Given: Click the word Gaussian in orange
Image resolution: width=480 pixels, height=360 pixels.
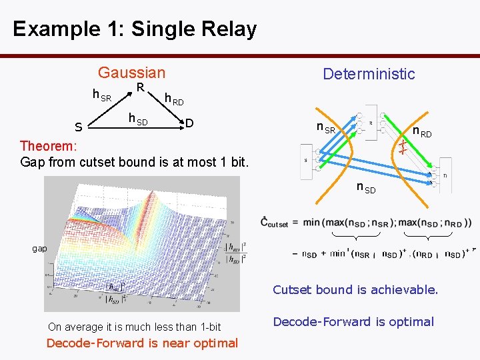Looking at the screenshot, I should click(x=131, y=73).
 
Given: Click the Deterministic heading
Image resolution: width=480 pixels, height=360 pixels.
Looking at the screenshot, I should click(x=369, y=74).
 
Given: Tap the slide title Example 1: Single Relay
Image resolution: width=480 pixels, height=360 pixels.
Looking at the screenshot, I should click(x=134, y=29).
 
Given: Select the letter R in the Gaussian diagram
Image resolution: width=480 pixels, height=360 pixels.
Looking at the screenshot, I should click(x=140, y=88).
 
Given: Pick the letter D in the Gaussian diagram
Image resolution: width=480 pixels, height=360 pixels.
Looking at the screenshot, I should click(x=189, y=123).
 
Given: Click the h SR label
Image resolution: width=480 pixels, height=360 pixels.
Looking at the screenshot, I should click(x=102, y=97).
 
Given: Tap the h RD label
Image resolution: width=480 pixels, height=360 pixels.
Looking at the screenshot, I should click(x=174, y=100).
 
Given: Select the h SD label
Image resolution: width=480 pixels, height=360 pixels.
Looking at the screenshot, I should click(x=138, y=119).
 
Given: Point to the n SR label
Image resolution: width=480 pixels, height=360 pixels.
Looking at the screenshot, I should click(x=326, y=127).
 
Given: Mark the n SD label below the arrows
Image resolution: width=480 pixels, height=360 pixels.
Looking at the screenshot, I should click(x=365, y=188).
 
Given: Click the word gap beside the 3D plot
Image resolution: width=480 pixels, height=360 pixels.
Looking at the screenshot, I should click(x=40, y=248).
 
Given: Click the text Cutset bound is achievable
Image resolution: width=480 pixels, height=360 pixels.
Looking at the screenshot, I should click(x=355, y=290).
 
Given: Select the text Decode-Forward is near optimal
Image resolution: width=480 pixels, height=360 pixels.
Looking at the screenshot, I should click(x=142, y=343).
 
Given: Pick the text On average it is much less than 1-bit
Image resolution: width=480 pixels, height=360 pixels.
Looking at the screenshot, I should click(x=134, y=327).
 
